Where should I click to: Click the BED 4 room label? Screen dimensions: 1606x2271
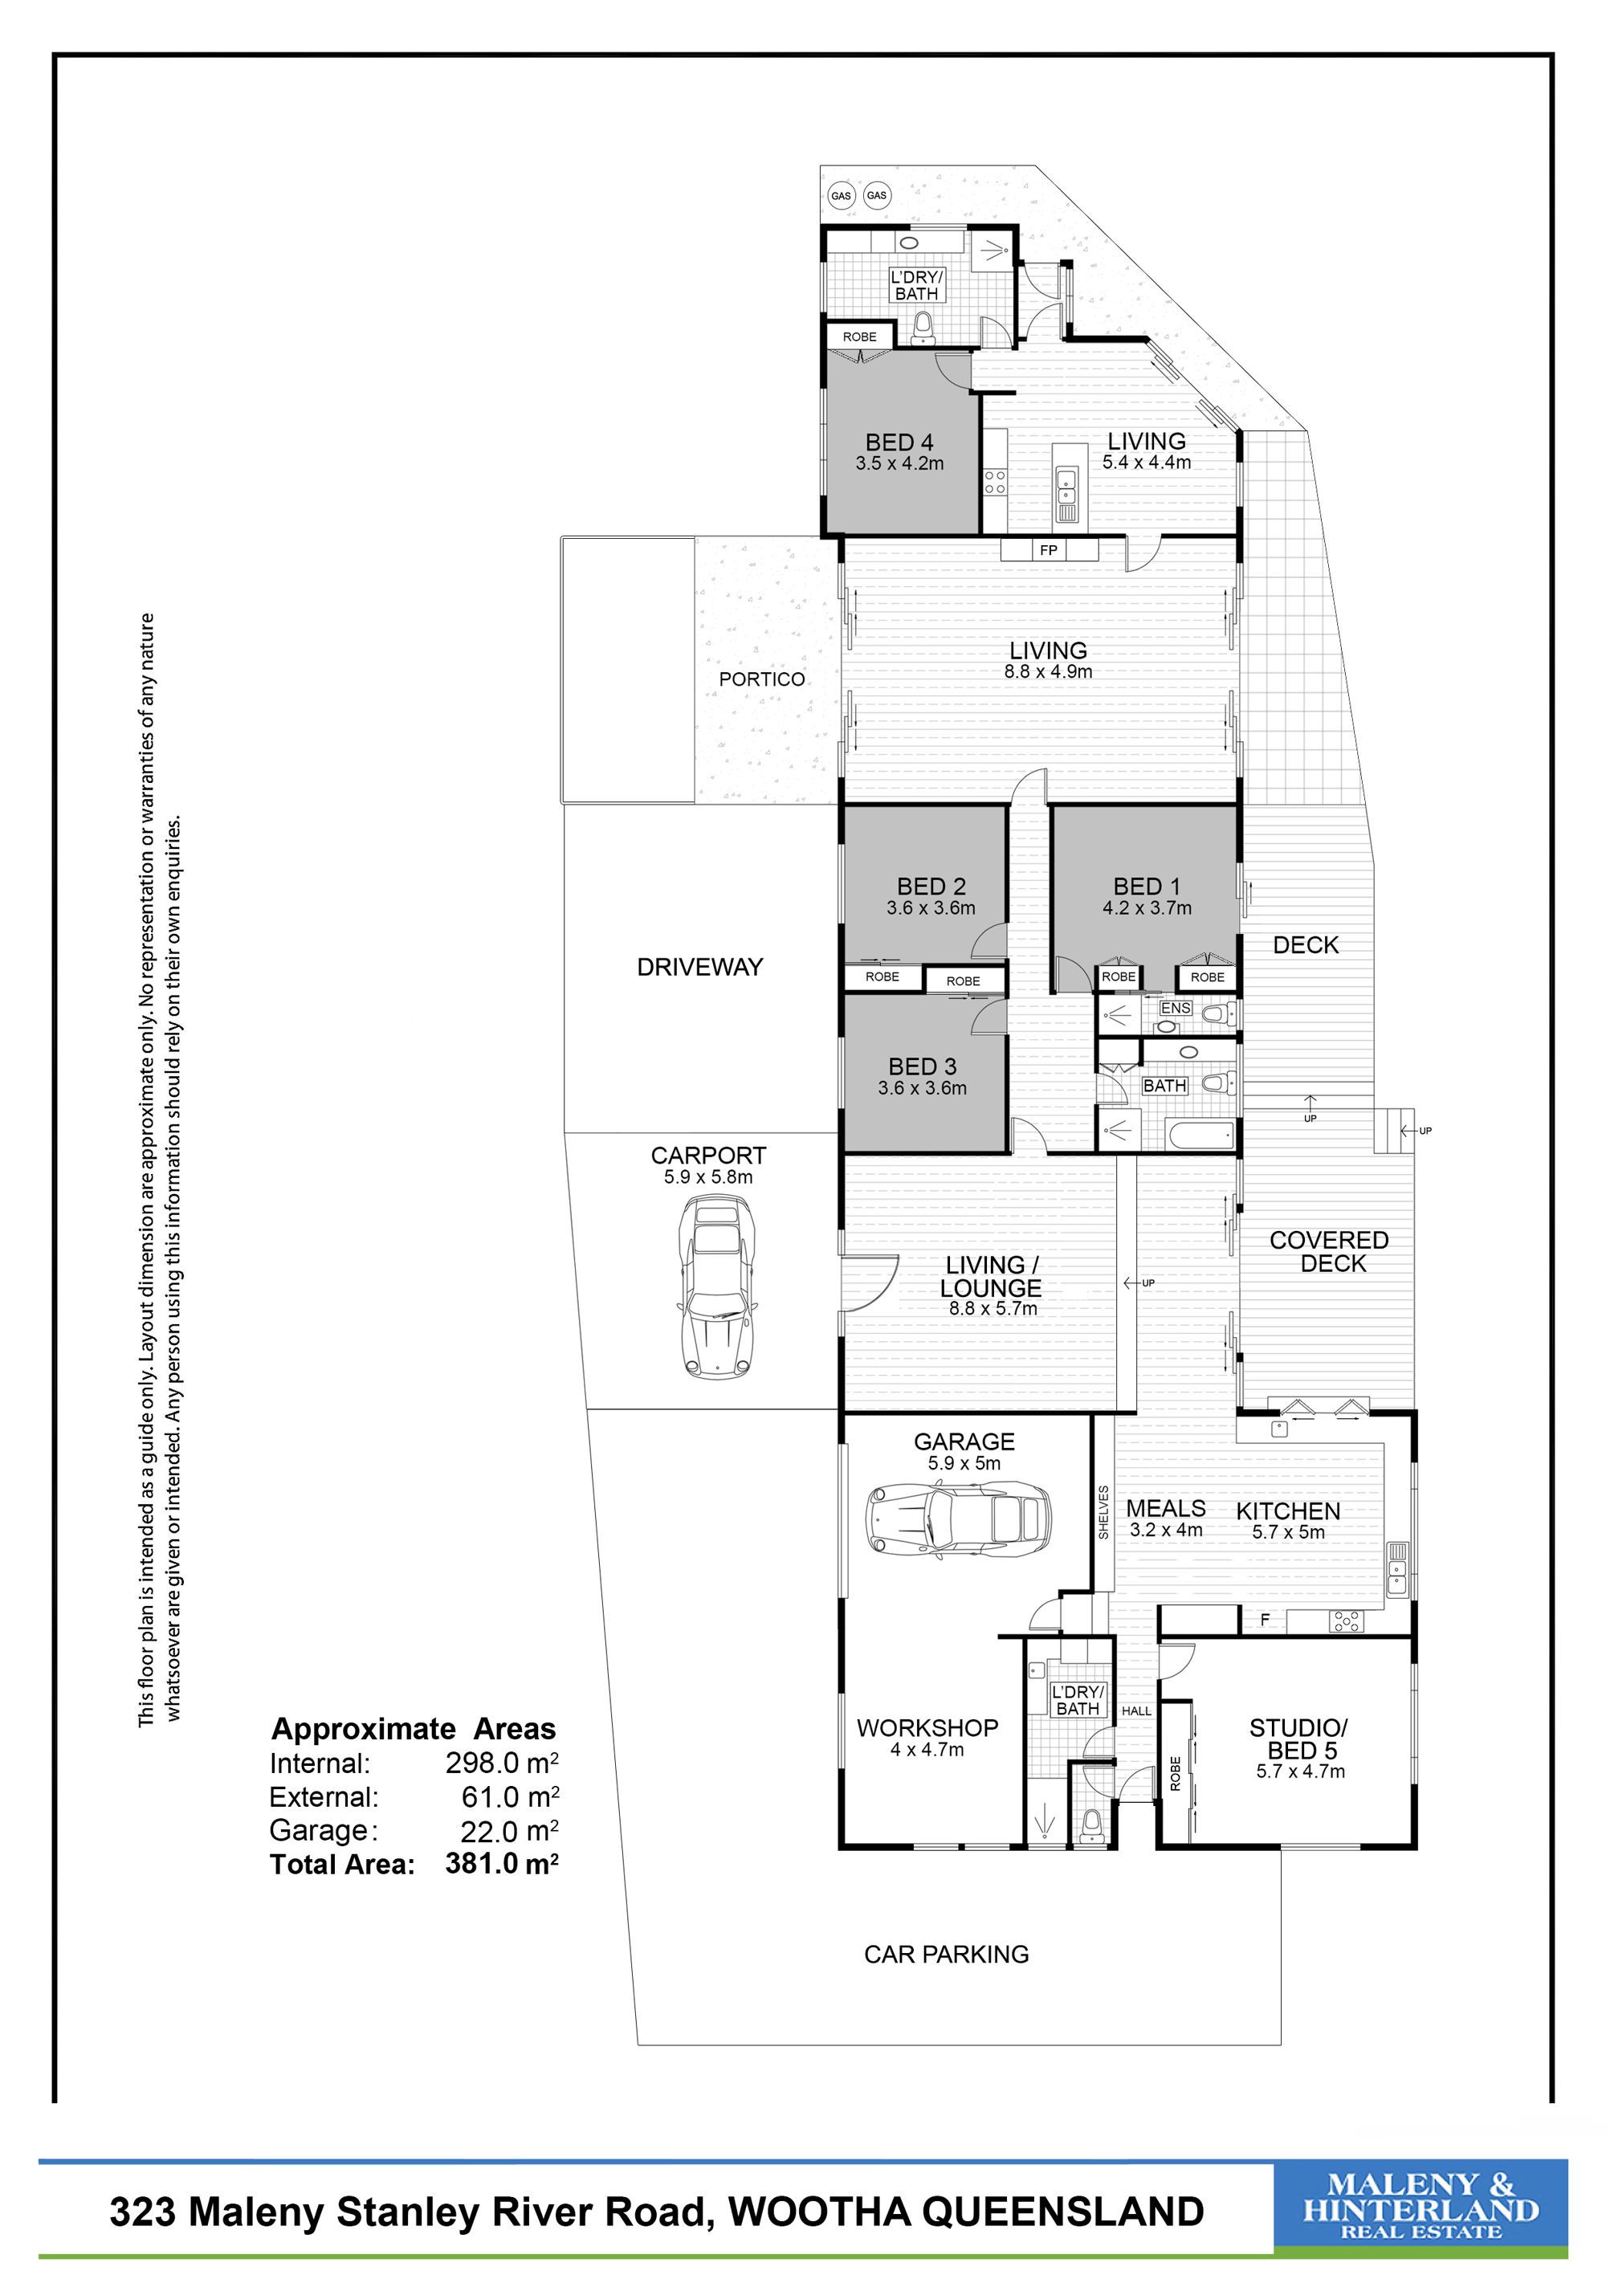899,442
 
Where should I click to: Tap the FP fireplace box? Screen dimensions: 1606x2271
1048,550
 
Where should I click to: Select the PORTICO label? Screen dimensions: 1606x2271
761,679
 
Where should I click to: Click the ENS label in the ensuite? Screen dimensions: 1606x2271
1175,1008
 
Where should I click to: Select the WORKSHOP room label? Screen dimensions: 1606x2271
927,1728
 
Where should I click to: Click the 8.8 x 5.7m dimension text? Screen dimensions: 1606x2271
993,1309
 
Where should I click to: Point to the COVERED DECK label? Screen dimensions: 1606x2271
1329,1251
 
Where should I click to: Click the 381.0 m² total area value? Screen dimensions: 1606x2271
501,1864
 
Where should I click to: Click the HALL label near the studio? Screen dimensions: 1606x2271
1136,1710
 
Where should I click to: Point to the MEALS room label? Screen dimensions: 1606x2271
1166,1508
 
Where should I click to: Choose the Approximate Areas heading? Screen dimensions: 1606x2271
414,1728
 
